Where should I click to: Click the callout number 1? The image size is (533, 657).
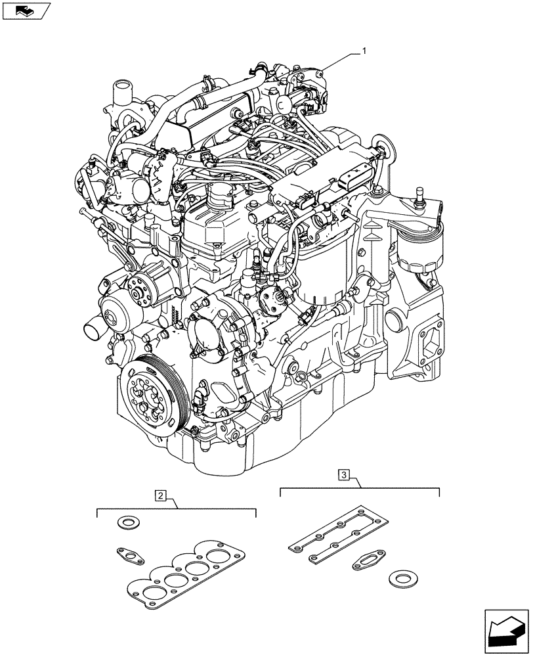[x=364, y=51]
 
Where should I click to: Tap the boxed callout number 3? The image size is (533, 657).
[x=344, y=474]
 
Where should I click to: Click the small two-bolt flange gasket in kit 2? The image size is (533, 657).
[x=131, y=555]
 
